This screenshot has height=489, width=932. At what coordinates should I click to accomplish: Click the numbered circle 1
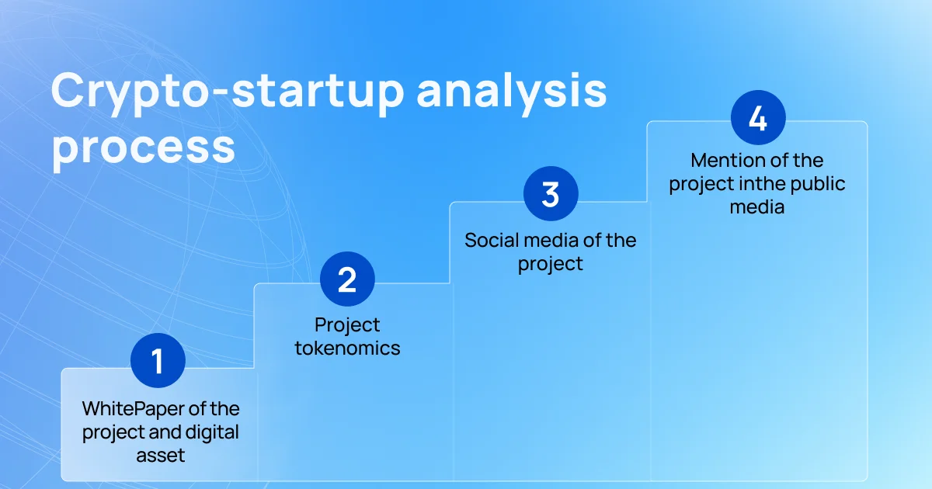point(158,360)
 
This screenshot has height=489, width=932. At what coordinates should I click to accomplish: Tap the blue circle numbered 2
point(347,279)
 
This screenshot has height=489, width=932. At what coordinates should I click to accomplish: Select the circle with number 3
point(551,194)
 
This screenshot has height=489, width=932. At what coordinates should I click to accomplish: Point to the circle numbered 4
point(758,118)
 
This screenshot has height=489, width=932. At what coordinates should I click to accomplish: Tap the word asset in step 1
point(161,456)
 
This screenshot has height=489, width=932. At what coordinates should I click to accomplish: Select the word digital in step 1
point(212,432)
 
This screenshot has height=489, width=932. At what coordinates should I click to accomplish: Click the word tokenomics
point(347,348)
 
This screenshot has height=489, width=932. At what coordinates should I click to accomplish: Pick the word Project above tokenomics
point(347,325)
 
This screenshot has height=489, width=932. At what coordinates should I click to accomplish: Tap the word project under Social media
point(551,265)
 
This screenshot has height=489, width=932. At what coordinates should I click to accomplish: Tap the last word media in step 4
point(757,207)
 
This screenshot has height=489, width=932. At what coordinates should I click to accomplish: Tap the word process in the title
point(144,148)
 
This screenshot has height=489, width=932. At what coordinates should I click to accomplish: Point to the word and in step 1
point(165,432)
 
